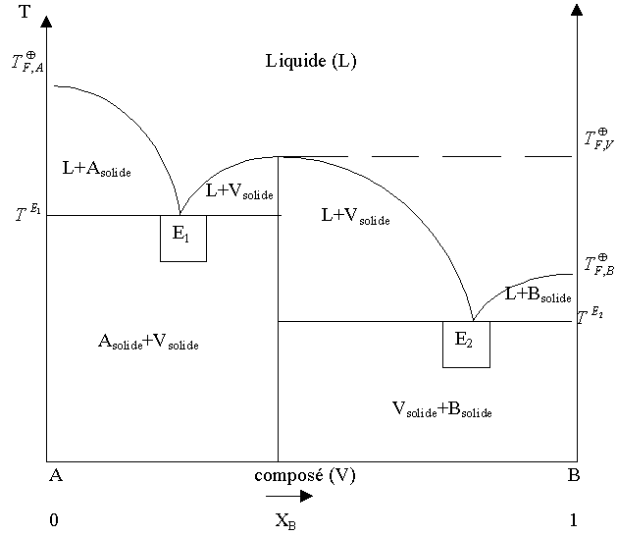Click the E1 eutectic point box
click(183, 238)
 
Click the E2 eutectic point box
click(466, 344)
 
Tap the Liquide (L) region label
click(311, 61)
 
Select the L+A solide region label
click(96, 169)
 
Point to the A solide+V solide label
click(155, 342)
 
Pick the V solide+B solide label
click(440, 409)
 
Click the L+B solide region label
click(538, 294)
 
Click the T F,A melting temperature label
click(26, 63)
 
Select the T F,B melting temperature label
click(598, 262)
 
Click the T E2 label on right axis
click(591, 315)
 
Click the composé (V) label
click(305, 476)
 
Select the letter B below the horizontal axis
click(574, 476)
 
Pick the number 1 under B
click(574, 520)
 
